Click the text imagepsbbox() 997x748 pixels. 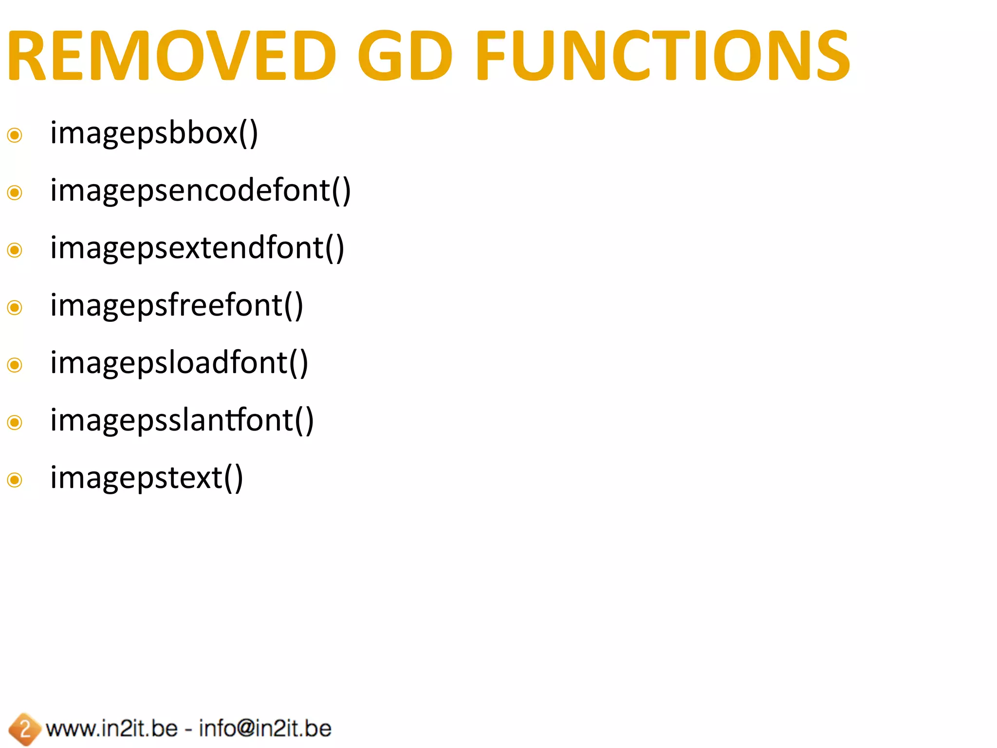154,133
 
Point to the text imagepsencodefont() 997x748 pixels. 200,191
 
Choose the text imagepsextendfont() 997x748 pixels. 197,248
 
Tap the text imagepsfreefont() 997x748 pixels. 177,306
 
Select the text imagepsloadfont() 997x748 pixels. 179,363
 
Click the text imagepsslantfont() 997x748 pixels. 182,421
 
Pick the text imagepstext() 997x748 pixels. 147,478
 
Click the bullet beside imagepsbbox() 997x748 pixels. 15,135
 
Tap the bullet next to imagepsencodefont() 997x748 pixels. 15,192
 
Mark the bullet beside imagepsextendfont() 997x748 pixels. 15,250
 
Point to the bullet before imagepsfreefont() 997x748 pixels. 15,307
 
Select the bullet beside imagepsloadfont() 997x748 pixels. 15,365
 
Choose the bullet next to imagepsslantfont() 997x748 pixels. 15,422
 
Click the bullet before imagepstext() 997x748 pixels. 15,480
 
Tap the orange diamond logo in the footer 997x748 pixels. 24,729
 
